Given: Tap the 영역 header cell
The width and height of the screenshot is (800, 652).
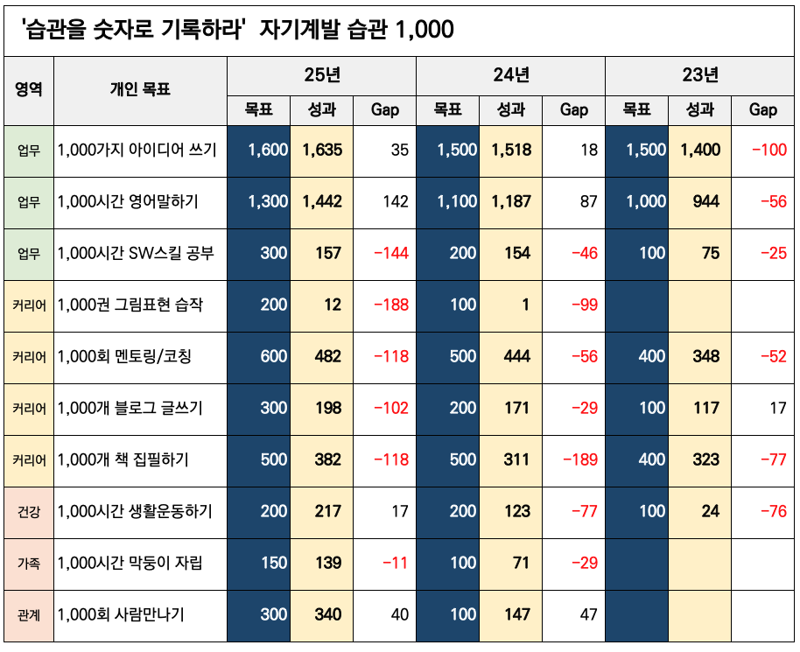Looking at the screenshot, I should (29, 89).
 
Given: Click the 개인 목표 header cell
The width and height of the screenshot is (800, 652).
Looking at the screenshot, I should (140, 89).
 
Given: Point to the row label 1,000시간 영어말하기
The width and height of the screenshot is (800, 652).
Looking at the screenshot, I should (128, 202).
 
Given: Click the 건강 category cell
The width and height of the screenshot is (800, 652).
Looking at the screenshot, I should (29, 511).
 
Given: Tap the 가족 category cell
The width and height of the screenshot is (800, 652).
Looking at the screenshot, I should (29, 563).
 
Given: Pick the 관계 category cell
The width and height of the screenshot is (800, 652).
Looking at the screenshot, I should (29, 614).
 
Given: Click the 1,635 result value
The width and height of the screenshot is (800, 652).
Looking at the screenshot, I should (322, 151).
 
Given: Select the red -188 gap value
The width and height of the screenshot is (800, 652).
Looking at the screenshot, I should (391, 305).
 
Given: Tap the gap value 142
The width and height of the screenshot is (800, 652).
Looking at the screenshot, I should (396, 202).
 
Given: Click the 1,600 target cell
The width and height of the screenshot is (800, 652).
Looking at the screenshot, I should (268, 151).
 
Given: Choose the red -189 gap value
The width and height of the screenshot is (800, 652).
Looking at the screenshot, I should (579, 459).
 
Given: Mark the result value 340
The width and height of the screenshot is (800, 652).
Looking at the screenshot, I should (328, 614).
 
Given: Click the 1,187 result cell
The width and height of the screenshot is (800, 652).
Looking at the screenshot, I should (511, 202).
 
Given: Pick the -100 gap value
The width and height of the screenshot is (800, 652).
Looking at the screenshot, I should (768, 151).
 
